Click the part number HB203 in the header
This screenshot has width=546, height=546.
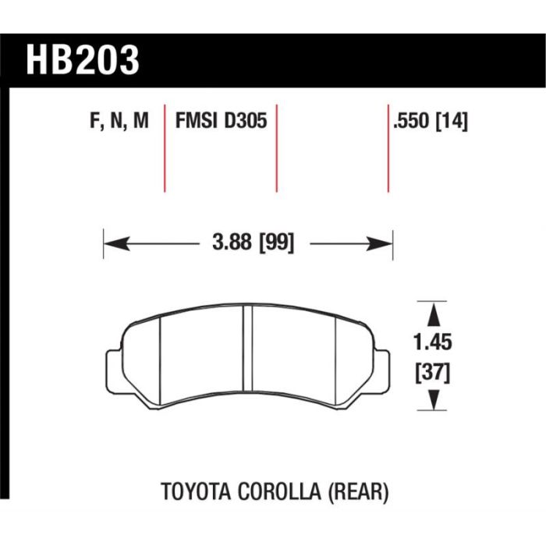83,60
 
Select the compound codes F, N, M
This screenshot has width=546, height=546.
119,121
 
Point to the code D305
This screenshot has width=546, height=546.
246,120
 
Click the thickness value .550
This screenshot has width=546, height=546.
412,121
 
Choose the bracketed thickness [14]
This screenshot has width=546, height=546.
452,121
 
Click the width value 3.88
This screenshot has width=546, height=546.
232,242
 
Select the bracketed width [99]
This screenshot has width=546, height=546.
277,243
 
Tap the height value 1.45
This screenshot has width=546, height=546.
433,342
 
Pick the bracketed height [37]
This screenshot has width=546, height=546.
433,372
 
